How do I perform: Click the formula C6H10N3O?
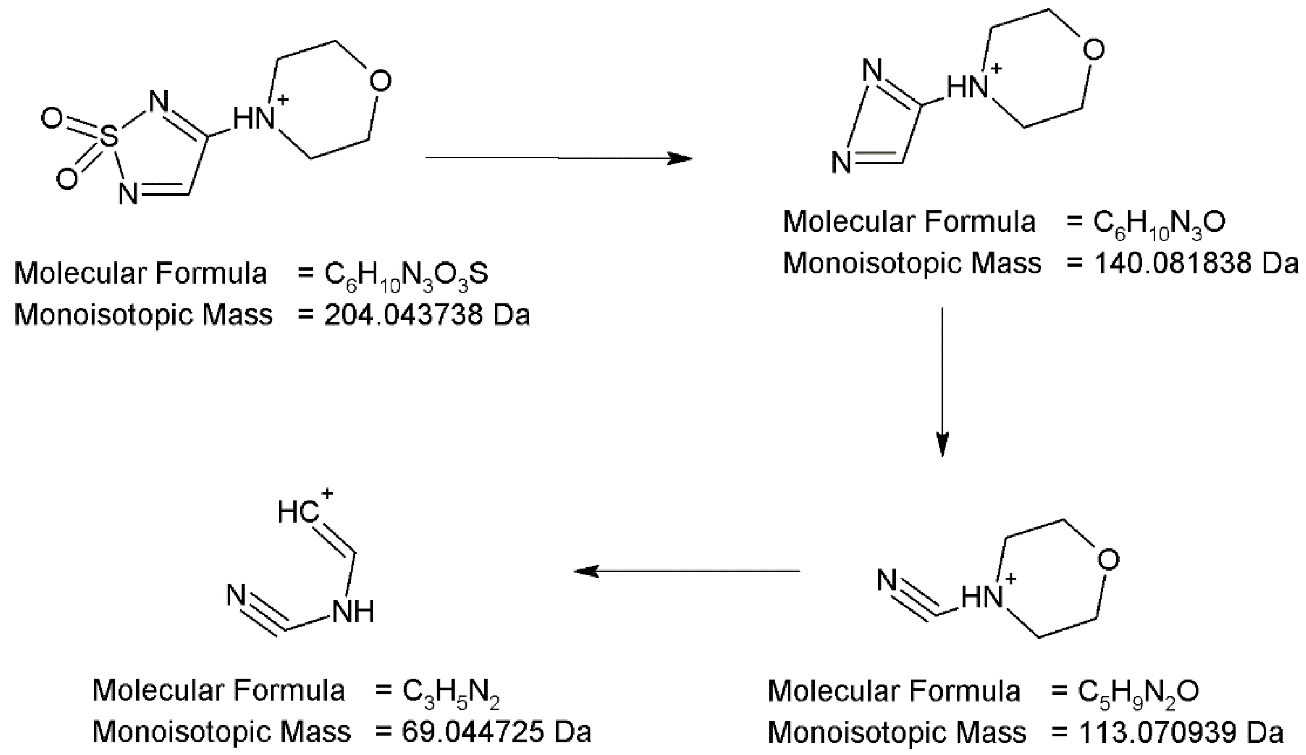[1159, 223]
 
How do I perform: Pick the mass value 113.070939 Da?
[1180, 732]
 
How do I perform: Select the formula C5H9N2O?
[1138, 691]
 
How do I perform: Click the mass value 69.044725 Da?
[496, 732]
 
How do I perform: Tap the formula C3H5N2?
[450, 691]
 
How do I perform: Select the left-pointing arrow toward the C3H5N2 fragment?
[687, 571]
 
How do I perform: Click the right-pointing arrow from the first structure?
[558, 158]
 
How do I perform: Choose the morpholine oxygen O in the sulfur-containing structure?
[380, 82]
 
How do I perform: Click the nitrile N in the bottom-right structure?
[887, 580]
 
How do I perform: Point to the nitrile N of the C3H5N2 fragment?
[236, 595]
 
